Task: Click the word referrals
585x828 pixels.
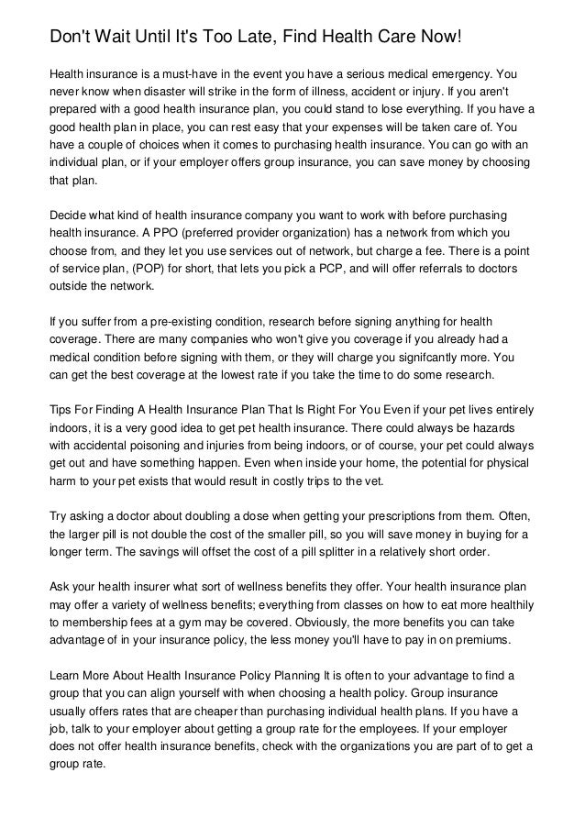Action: (x=448, y=272)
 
